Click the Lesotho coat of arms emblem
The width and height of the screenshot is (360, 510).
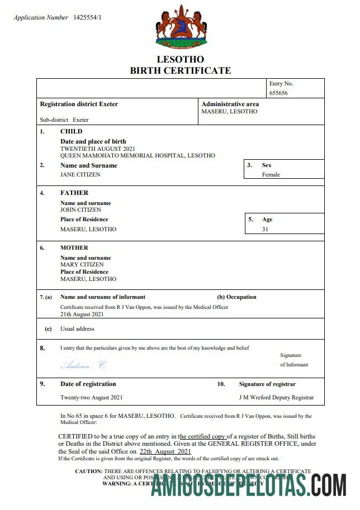180,26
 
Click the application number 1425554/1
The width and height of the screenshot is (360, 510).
87,18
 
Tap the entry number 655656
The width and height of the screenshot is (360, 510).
278,93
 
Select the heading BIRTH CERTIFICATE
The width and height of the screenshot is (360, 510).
180,70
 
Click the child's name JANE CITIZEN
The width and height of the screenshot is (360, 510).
80,174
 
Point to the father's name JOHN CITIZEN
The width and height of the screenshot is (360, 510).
80,210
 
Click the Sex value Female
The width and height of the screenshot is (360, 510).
271,174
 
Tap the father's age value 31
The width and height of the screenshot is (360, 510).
266,229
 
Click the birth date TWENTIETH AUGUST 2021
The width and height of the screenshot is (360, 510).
97,149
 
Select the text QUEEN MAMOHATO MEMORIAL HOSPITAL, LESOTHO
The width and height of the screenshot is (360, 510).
138,156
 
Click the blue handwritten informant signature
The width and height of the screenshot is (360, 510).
83,365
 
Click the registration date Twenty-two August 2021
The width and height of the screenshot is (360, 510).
91,398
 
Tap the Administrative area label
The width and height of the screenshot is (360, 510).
230,104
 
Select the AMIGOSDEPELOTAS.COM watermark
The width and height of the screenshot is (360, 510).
249,484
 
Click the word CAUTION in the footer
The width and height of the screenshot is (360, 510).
88,471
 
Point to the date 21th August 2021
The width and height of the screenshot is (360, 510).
83,314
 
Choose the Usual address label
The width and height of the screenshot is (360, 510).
77,329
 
